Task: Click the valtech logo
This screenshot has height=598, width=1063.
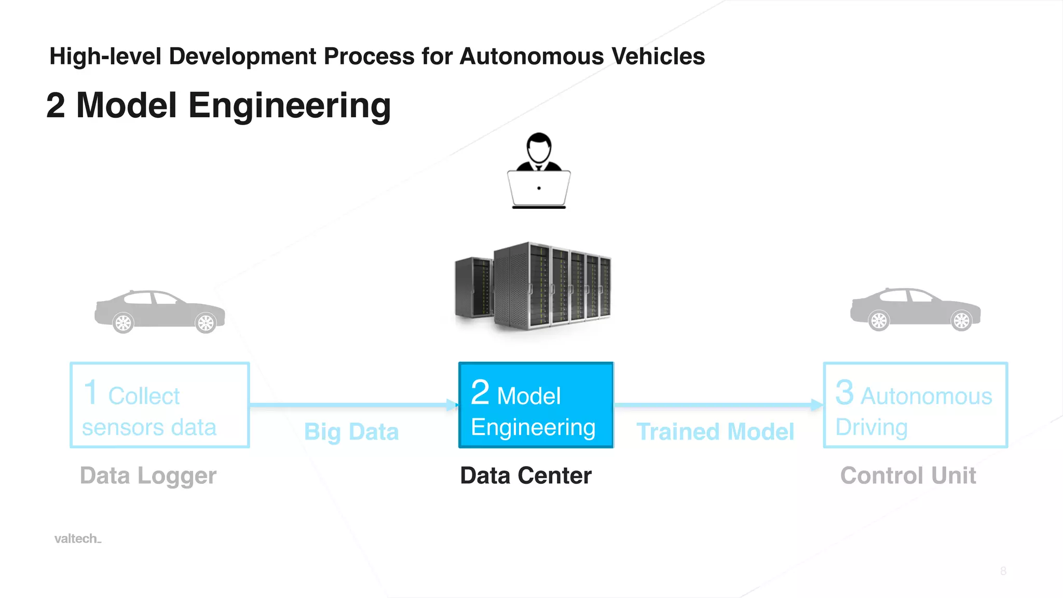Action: (x=77, y=539)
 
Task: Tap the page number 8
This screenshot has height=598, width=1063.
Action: (x=1003, y=571)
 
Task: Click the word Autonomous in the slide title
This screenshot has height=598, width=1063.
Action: (x=531, y=57)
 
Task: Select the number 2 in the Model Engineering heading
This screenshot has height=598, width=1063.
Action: (x=56, y=105)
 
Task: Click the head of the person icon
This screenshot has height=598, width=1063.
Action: (x=539, y=147)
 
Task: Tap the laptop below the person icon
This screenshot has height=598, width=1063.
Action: (x=539, y=189)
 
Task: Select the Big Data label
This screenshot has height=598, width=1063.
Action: (x=351, y=432)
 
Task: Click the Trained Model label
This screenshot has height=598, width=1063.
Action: (x=715, y=432)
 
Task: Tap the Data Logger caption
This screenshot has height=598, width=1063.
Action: (x=148, y=475)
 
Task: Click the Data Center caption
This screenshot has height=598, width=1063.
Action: (x=526, y=475)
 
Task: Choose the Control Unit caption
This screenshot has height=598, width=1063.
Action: (x=908, y=475)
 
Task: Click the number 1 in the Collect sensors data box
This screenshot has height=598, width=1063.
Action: (x=91, y=392)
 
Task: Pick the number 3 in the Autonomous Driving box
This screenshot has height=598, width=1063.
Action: (x=844, y=392)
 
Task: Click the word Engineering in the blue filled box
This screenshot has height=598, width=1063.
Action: (x=533, y=428)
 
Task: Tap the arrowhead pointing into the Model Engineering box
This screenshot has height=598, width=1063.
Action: (x=453, y=405)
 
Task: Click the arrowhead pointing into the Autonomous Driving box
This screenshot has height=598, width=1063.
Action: (x=817, y=405)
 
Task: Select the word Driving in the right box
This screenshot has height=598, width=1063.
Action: (x=871, y=428)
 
